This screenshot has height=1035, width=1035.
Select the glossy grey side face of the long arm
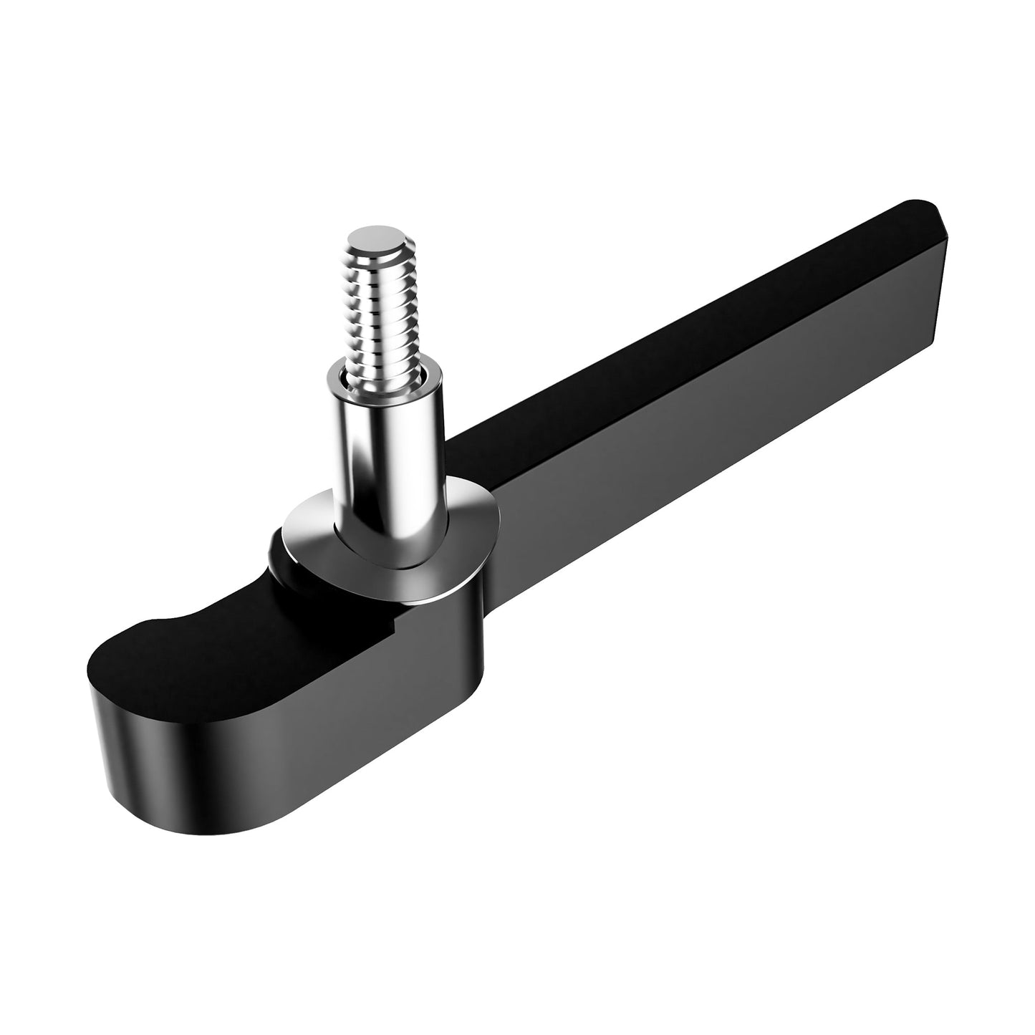click(x=716, y=444)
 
